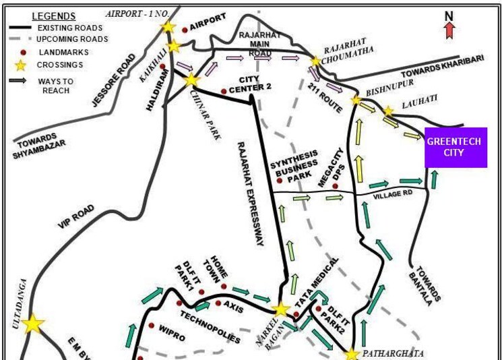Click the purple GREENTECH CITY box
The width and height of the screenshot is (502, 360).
(x=456, y=148)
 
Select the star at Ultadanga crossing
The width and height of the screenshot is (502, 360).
(x=33, y=324)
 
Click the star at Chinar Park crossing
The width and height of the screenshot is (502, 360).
(x=191, y=80)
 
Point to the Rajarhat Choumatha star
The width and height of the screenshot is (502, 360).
(x=315, y=61)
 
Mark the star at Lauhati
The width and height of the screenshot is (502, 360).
(x=388, y=111)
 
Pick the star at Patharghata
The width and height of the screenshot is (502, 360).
(x=350, y=353)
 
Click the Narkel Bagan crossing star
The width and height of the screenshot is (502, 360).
(x=280, y=309)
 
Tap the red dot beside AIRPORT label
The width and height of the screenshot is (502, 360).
(x=185, y=29)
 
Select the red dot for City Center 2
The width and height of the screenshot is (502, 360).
(x=224, y=92)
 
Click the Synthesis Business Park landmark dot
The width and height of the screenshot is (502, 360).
(x=279, y=181)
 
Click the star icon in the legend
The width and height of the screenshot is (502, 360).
(x=17, y=65)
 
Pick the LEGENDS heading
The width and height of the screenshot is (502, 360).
(x=54, y=16)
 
